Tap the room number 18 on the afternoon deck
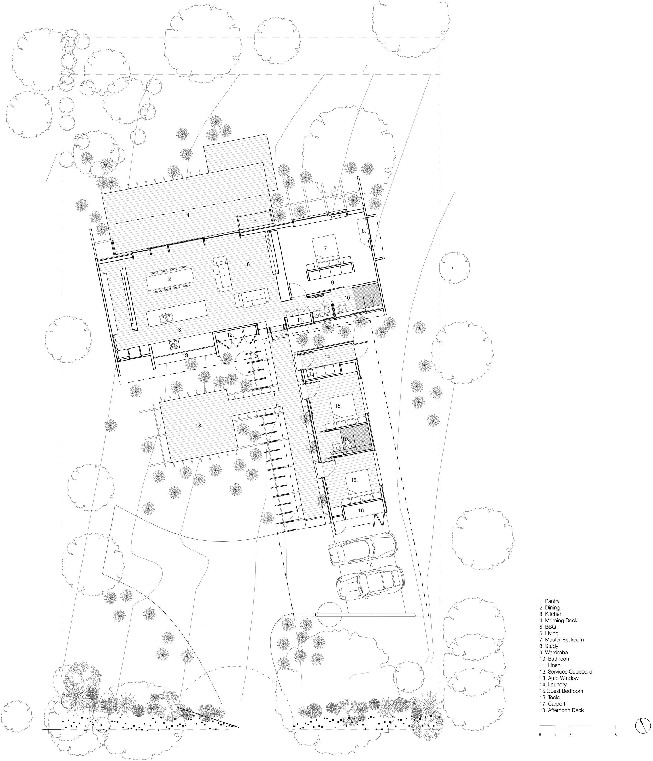[x=199, y=426]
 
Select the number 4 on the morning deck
[x=189, y=215]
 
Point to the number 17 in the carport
[x=370, y=564]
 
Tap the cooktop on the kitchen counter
[x=174, y=345]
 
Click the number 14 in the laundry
[x=328, y=357]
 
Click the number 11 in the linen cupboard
[x=300, y=320]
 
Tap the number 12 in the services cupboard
[x=230, y=335]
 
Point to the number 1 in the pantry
[x=118, y=299]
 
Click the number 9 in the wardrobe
[x=333, y=282]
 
